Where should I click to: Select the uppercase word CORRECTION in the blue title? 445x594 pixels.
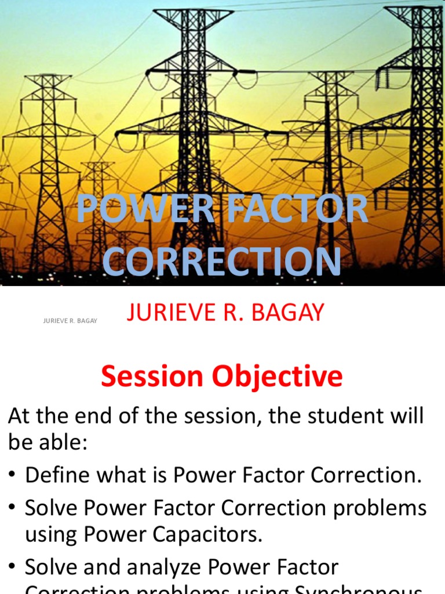pyautogui.click(x=222, y=262)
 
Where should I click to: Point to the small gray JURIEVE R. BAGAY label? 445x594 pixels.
pyautogui.click(x=70, y=321)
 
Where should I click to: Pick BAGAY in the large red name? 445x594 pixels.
pyautogui.click(x=290, y=313)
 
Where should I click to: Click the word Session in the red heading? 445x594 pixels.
pyautogui.click(x=152, y=377)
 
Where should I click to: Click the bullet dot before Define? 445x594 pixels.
pyautogui.click(x=12, y=476)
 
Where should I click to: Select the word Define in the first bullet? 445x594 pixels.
pyautogui.click(x=56, y=475)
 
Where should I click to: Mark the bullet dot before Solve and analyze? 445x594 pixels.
pyautogui.click(x=12, y=567)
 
